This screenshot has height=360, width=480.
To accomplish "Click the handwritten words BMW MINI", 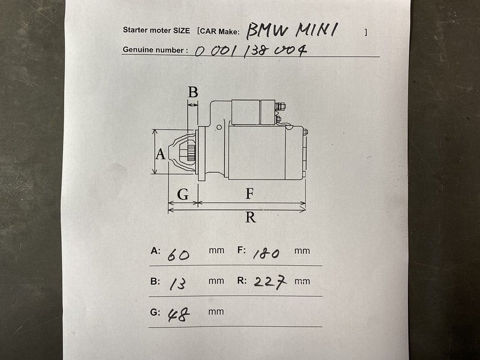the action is [292, 31].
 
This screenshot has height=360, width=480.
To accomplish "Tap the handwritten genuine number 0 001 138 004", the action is [251, 51].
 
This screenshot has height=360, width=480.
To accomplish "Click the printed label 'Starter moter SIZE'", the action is [156, 31].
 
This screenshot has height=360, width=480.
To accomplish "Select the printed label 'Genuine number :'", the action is [155, 50].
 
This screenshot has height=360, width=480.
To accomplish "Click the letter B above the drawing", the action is [193, 92].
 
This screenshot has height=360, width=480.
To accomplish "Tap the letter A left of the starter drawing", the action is [161, 154].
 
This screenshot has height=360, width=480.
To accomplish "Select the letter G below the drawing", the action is [183, 194].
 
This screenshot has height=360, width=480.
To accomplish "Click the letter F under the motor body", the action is [250, 194].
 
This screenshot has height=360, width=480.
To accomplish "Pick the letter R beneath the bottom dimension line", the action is [250, 217].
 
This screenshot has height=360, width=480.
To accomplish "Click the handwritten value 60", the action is [178, 254].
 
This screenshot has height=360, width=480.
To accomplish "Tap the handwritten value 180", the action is [266, 253].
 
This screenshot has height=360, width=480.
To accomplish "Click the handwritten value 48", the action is [179, 314].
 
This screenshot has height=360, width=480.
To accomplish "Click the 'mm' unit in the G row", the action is [216, 312].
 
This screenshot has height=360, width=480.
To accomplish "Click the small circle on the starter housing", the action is [219, 127].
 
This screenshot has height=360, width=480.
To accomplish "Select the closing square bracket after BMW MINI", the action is [365, 32].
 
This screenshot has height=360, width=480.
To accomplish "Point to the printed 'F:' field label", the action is [242, 250].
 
